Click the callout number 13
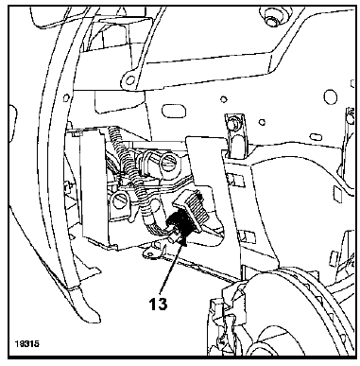coord(158,304)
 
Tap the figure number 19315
coord(26,343)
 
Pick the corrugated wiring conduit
coord(134,172)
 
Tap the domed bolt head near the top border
coord(271,18)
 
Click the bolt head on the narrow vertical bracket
coord(232,123)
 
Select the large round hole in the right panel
coord(330,96)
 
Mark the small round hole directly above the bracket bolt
coord(224,99)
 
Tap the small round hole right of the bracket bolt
coord(262,122)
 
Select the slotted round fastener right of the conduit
coord(169,164)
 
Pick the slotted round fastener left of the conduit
coord(120,201)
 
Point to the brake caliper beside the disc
coord(224,319)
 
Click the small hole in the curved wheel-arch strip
coord(66,97)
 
